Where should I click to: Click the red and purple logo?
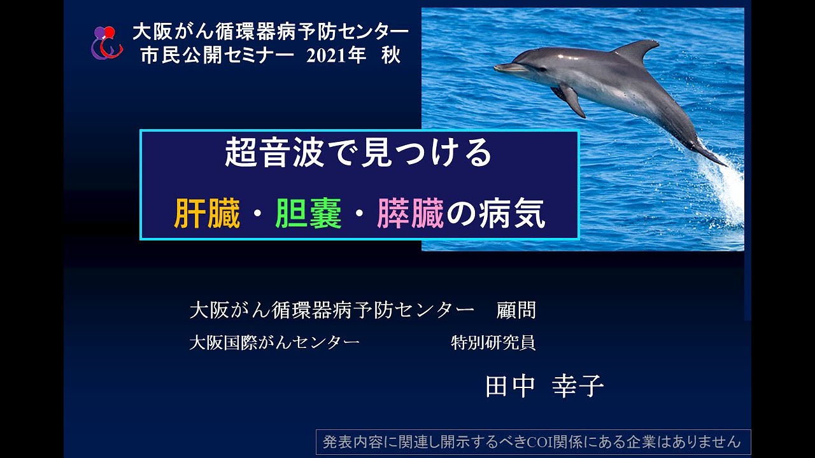point(106,43)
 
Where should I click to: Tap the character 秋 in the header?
point(391,56)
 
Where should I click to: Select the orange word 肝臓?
point(207,214)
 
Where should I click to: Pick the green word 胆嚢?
point(308,214)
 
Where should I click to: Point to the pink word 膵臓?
point(410,214)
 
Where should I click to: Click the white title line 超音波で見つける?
point(358,153)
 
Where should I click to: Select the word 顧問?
point(516,310)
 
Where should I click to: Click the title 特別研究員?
point(493,343)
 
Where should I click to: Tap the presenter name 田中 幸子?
point(544,386)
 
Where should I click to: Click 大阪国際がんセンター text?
point(274,343)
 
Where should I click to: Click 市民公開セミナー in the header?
point(217,56)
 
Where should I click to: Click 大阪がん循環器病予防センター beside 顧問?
point(332,310)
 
